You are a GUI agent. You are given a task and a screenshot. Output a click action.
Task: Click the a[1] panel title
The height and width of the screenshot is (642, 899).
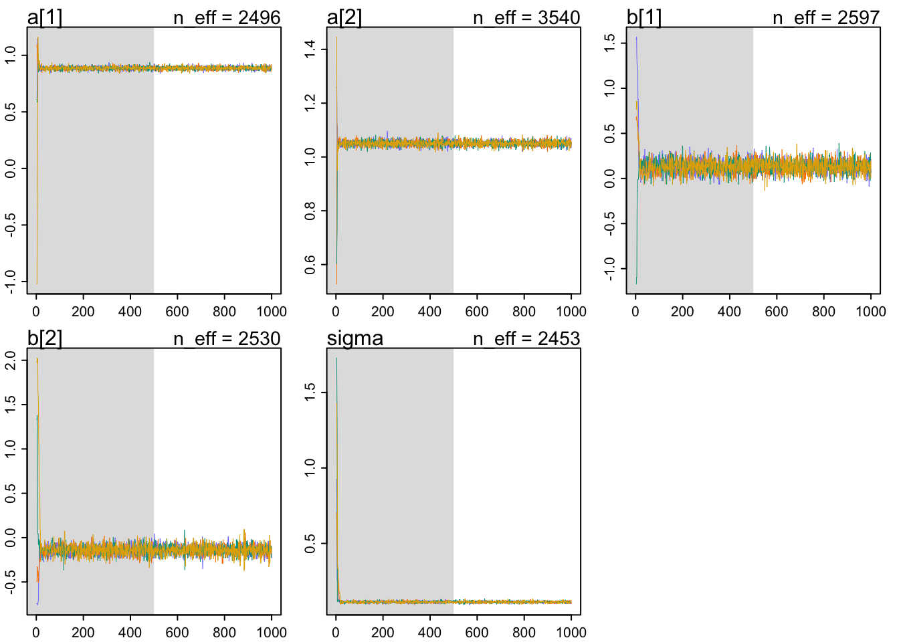click(x=44, y=17)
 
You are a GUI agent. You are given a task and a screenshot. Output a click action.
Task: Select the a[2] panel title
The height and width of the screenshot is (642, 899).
click(x=344, y=17)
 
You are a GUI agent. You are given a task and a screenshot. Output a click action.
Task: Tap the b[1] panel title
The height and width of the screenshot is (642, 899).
click(x=643, y=17)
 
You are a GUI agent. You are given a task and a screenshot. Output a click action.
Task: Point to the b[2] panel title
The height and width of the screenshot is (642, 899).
click(x=44, y=338)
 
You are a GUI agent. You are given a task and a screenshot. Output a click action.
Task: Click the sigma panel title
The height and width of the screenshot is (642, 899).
click(x=355, y=338)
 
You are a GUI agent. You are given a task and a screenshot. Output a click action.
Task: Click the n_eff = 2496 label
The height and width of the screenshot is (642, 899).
click(x=227, y=17)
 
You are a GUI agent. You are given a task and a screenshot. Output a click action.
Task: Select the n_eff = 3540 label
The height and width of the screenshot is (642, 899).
click(x=526, y=17)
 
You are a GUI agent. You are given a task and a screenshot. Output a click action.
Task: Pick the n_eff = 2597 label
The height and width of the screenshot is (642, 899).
click(x=826, y=17)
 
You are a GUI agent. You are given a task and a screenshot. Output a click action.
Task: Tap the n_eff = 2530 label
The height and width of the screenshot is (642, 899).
click(x=227, y=338)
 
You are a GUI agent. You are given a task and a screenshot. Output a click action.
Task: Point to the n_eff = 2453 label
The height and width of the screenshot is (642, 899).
click(x=526, y=338)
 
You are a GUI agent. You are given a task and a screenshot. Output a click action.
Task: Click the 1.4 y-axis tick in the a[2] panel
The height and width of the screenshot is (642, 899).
click(x=310, y=49)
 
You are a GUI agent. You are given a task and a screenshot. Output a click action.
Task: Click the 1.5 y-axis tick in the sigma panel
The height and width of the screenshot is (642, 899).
click(x=310, y=392)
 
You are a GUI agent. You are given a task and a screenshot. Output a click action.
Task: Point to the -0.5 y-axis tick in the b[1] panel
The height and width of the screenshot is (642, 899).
click(x=610, y=224)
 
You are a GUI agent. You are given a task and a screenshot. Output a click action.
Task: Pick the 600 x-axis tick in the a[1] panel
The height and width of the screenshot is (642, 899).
click(x=177, y=312)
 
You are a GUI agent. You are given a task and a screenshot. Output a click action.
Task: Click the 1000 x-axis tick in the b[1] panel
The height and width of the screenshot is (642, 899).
click(x=870, y=312)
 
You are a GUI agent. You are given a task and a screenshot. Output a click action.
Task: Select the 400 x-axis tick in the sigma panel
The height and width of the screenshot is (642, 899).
click(x=429, y=633)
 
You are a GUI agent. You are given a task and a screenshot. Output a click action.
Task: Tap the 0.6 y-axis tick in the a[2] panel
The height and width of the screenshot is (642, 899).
click(x=310, y=265)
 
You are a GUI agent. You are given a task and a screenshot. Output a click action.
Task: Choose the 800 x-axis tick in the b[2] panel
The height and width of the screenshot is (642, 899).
click(x=224, y=633)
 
